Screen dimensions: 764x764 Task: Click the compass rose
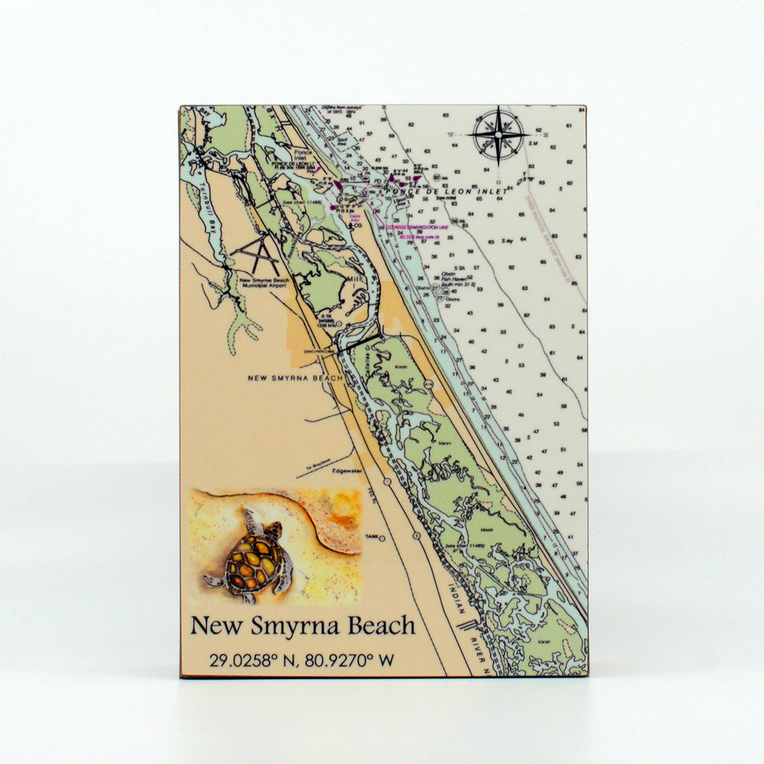click(x=498, y=135)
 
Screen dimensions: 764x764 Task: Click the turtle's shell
click(x=254, y=563)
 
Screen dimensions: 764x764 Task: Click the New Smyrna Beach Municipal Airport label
click(x=264, y=283)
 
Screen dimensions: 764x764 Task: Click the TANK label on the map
click(x=371, y=536)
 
